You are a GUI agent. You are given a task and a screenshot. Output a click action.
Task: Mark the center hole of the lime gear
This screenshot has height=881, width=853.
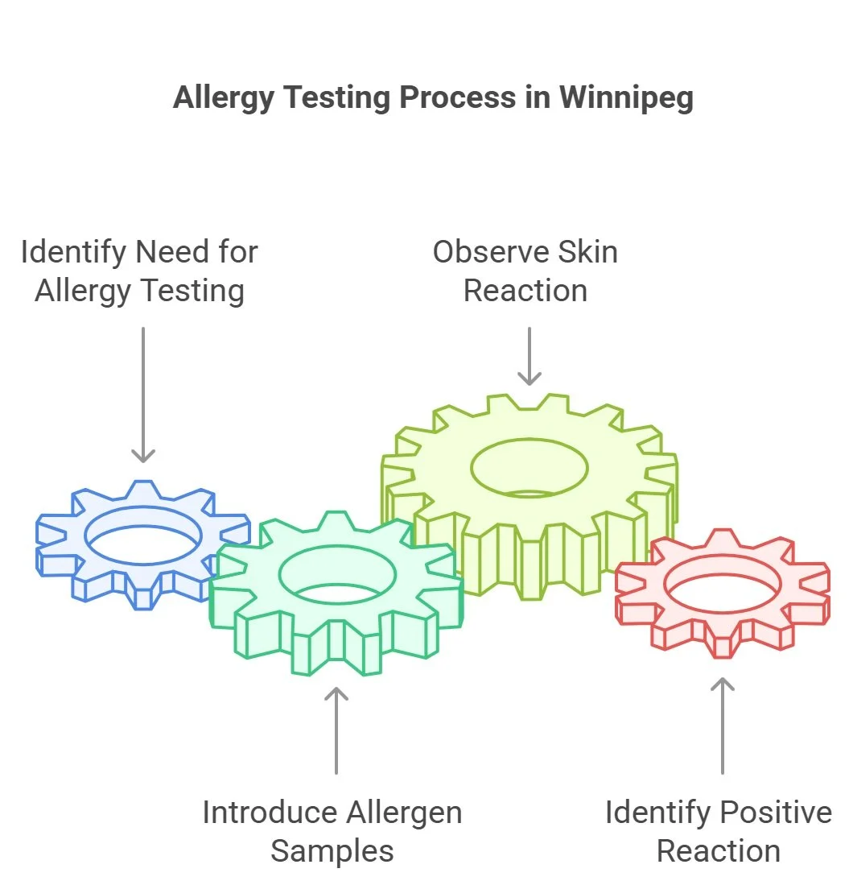[x=529, y=468]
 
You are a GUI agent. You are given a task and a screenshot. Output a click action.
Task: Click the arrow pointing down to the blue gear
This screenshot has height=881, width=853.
[x=143, y=395]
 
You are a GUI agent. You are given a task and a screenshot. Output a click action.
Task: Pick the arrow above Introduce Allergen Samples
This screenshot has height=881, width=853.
[x=336, y=729]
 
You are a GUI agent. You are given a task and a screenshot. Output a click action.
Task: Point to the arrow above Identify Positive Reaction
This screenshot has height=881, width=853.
[x=723, y=725]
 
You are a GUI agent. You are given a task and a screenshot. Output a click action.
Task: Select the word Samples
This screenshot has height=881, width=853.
[x=332, y=850]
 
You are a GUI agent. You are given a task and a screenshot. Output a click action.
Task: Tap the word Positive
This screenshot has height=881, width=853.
[x=775, y=812]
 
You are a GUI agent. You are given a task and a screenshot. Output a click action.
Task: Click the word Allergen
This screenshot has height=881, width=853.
[x=398, y=812]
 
